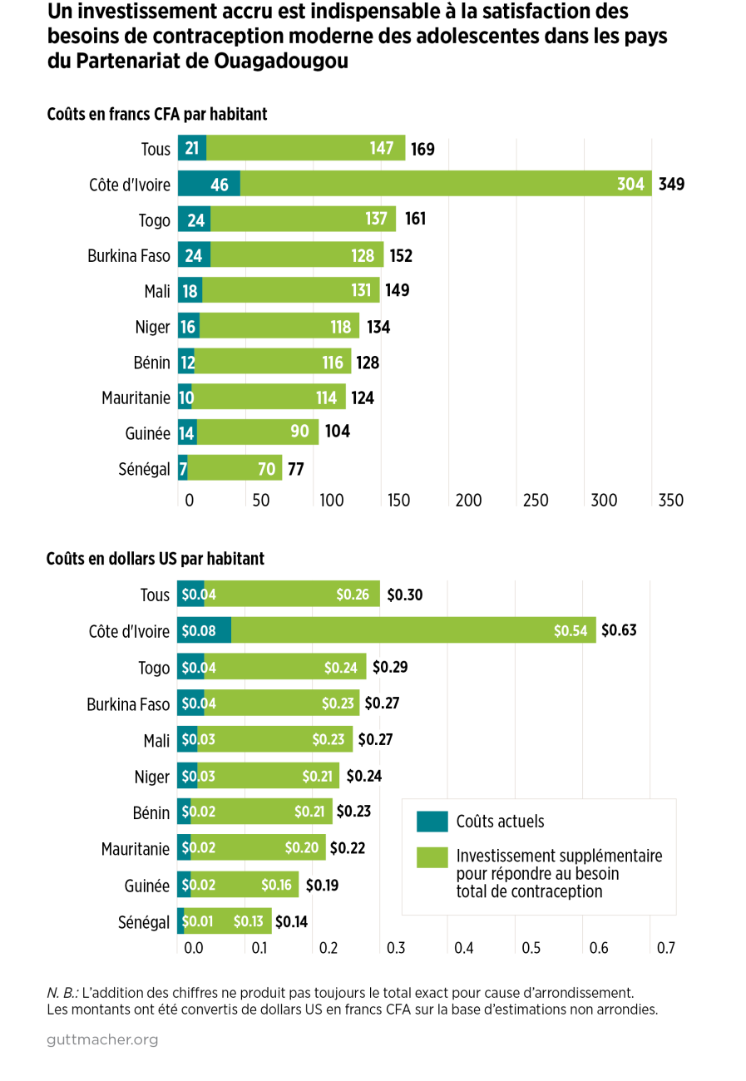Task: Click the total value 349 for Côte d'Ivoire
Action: (x=671, y=185)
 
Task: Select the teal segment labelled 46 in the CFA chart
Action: (x=209, y=185)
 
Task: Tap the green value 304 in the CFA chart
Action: (x=630, y=185)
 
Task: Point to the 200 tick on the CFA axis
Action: (x=470, y=501)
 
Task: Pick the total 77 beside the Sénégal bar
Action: (x=295, y=469)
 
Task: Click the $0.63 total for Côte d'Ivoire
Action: (x=619, y=631)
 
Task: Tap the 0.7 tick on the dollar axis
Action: (x=665, y=947)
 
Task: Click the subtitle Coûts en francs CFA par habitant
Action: (x=157, y=114)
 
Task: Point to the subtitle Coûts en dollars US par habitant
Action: (x=156, y=559)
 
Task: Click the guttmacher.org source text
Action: (x=102, y=1040)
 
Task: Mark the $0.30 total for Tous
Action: (x=404, y=595)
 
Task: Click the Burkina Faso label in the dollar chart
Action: (x=128, y=704)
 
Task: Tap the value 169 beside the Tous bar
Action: (x=422, y=150)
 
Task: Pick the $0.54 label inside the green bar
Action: (x=571, y=631)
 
